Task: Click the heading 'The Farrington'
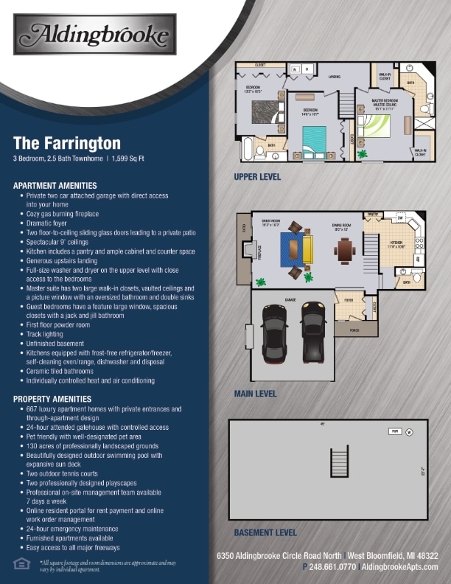coord(67,142)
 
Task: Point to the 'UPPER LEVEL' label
coord(257,177)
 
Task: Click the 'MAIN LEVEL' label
coord(255,394)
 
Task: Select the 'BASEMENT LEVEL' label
coord(265,532)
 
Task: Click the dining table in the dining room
coord(345,250)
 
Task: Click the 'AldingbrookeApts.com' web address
coord(400,567)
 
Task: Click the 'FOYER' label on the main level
coord(349,300)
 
